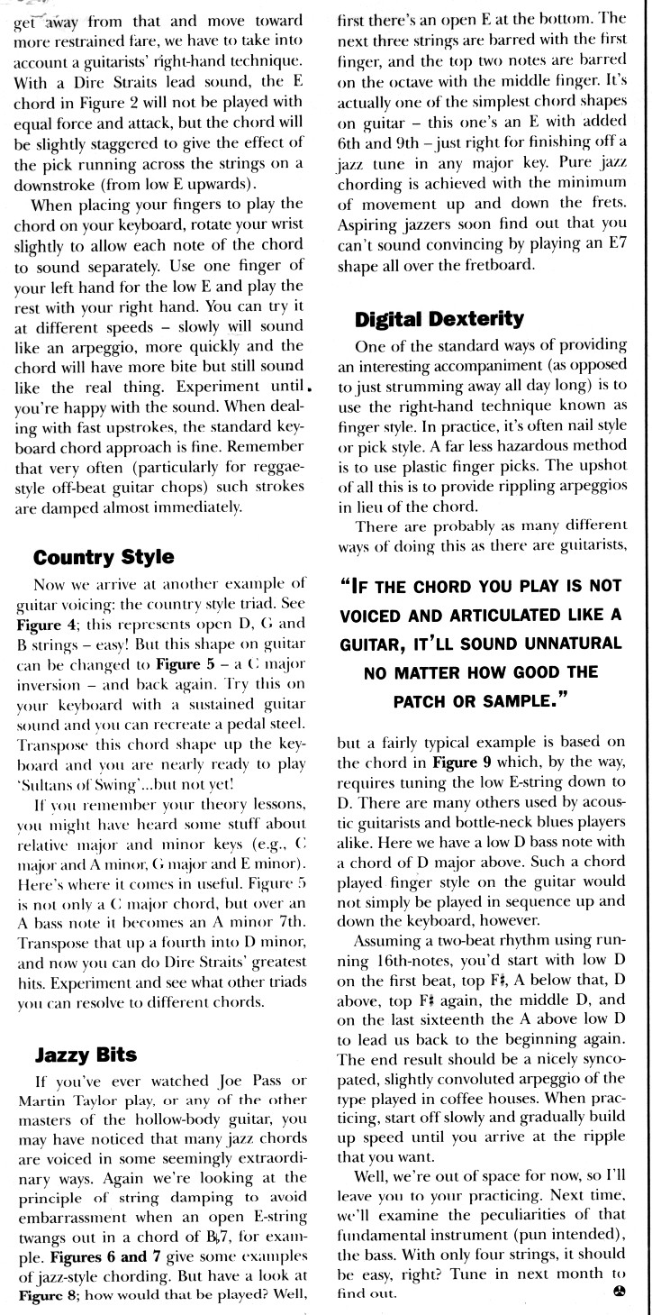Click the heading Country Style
(104, 557)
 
